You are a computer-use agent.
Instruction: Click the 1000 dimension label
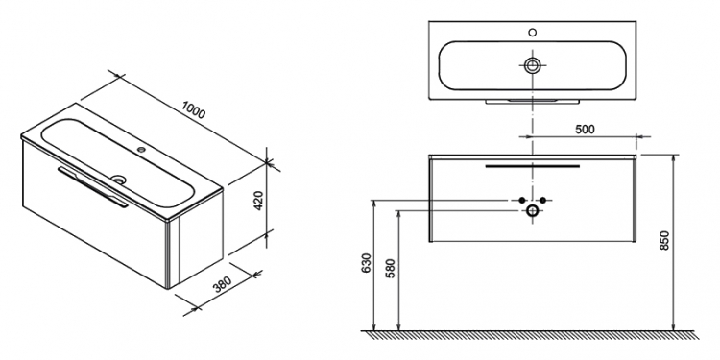(x=193, y=110)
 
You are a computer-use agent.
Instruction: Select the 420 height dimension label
(x=258, y=201)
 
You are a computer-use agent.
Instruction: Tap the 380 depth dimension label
(x=223, y=284)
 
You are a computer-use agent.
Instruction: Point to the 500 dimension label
(x=585, y=130)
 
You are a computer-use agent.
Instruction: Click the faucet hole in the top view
(x=532, y=32)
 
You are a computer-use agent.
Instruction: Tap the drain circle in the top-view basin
(x=532, y=65)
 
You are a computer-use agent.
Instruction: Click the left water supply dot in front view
(x=521, y=200)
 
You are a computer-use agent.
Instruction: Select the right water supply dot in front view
(x=542, y=200)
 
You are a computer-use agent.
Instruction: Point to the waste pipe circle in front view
(x=532, y=211)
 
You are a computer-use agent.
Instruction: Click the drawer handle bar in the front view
(x=533, y=166)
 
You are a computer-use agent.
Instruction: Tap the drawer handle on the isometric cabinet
(x=93, y=187)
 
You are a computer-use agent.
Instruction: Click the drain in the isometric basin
(x=118, y=180)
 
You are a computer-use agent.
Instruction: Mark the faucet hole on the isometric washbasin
(x=141, y=149)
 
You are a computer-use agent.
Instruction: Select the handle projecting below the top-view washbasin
(x=533, y=102)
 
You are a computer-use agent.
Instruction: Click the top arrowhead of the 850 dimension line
(x=674, y=157)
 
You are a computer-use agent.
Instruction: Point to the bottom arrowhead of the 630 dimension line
(x=374, y=327)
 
